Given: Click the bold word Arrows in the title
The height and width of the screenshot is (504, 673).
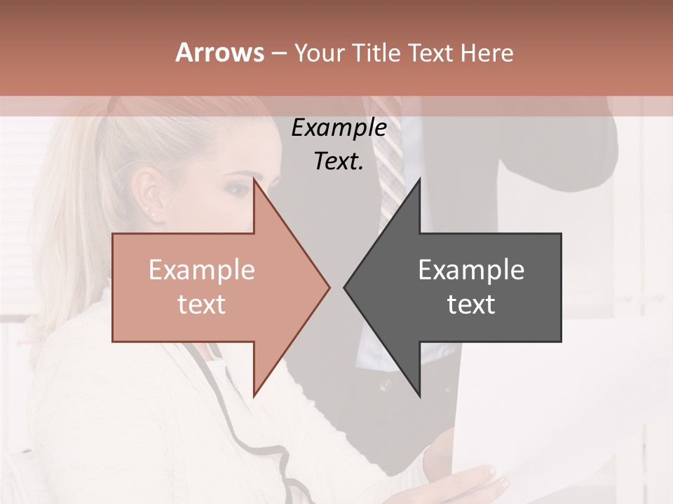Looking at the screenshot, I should pos(219,52).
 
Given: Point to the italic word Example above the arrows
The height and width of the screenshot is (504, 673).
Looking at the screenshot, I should pos(339,129).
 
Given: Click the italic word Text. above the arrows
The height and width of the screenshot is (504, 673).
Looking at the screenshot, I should pos(339,162).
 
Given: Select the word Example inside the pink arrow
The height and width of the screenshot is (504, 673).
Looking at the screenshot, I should pos(201,270).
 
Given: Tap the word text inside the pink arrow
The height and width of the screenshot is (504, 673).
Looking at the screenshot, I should pos(201,304).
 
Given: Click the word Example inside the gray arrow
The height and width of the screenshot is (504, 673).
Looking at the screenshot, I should pos(471,270).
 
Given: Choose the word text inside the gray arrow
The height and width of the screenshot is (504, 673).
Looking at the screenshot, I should pos(471,304).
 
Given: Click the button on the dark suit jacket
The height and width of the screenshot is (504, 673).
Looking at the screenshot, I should pos(383,384).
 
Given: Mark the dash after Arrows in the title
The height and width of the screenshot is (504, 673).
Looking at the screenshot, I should pos(278,53).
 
